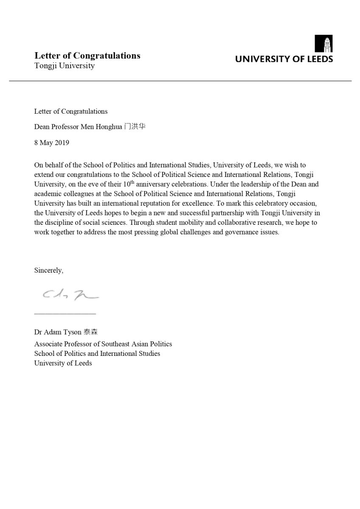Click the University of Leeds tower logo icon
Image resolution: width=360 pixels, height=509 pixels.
[323, 44]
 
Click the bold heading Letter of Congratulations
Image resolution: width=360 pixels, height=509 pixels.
[87, 56]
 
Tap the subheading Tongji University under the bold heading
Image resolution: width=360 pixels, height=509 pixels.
[65, 66]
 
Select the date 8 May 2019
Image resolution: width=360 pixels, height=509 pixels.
[52, 143]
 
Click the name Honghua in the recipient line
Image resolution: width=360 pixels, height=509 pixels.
[109, 127]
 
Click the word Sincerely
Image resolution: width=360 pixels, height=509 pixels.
[48, 270]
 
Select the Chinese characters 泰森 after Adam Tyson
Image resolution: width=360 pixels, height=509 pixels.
[90, 332]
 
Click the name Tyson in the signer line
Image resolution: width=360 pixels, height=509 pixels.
[73, 332]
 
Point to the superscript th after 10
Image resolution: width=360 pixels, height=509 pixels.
[132, 182]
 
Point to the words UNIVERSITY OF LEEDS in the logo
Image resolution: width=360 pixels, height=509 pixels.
[284, 59]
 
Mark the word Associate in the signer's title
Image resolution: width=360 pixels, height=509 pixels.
[48, 344]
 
